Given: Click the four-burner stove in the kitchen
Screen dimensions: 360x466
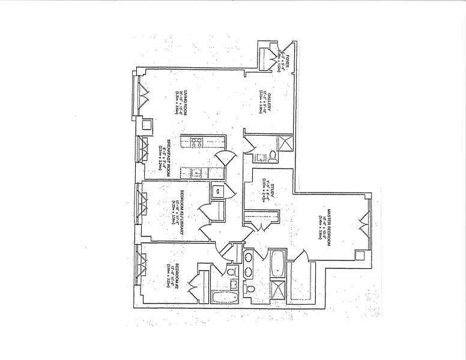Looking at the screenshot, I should [x=197, y=143].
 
